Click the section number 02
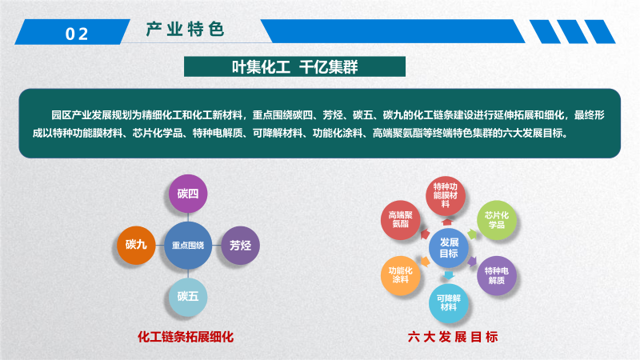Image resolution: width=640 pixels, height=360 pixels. tap(77, 34)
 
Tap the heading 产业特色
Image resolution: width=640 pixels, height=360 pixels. tap(186, 30)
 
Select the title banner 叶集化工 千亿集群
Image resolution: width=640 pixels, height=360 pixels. tap(294, 66)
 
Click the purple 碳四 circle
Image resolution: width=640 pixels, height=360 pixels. tap(188, 194)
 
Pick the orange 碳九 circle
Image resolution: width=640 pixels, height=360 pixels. tap(136, 245)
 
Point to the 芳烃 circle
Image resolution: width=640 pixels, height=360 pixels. tap(240, 246)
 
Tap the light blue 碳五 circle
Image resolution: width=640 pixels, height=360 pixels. tap(188, 297)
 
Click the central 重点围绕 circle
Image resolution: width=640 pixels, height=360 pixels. tap(188, 246)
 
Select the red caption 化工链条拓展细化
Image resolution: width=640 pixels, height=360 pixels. tap(186, 337)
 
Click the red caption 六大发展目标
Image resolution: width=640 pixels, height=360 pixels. tap(453, 337)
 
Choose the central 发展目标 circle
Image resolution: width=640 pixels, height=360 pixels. tap(449, 248)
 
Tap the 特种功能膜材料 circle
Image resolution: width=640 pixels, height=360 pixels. tap(446, 195)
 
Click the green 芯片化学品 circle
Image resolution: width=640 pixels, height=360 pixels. tap(497, 220)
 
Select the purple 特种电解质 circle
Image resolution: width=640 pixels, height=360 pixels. tap(497, 275)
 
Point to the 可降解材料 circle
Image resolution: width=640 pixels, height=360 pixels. tap(449, 303)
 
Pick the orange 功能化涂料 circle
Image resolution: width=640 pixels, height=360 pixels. tap(401, 275)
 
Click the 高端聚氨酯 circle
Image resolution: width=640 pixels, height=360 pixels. tap(401, 220)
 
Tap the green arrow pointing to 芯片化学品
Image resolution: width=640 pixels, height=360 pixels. tap(472, 234)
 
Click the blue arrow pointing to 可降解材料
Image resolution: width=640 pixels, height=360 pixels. tap(449, 275)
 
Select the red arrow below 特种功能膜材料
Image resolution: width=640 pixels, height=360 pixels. tap(447, 222)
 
